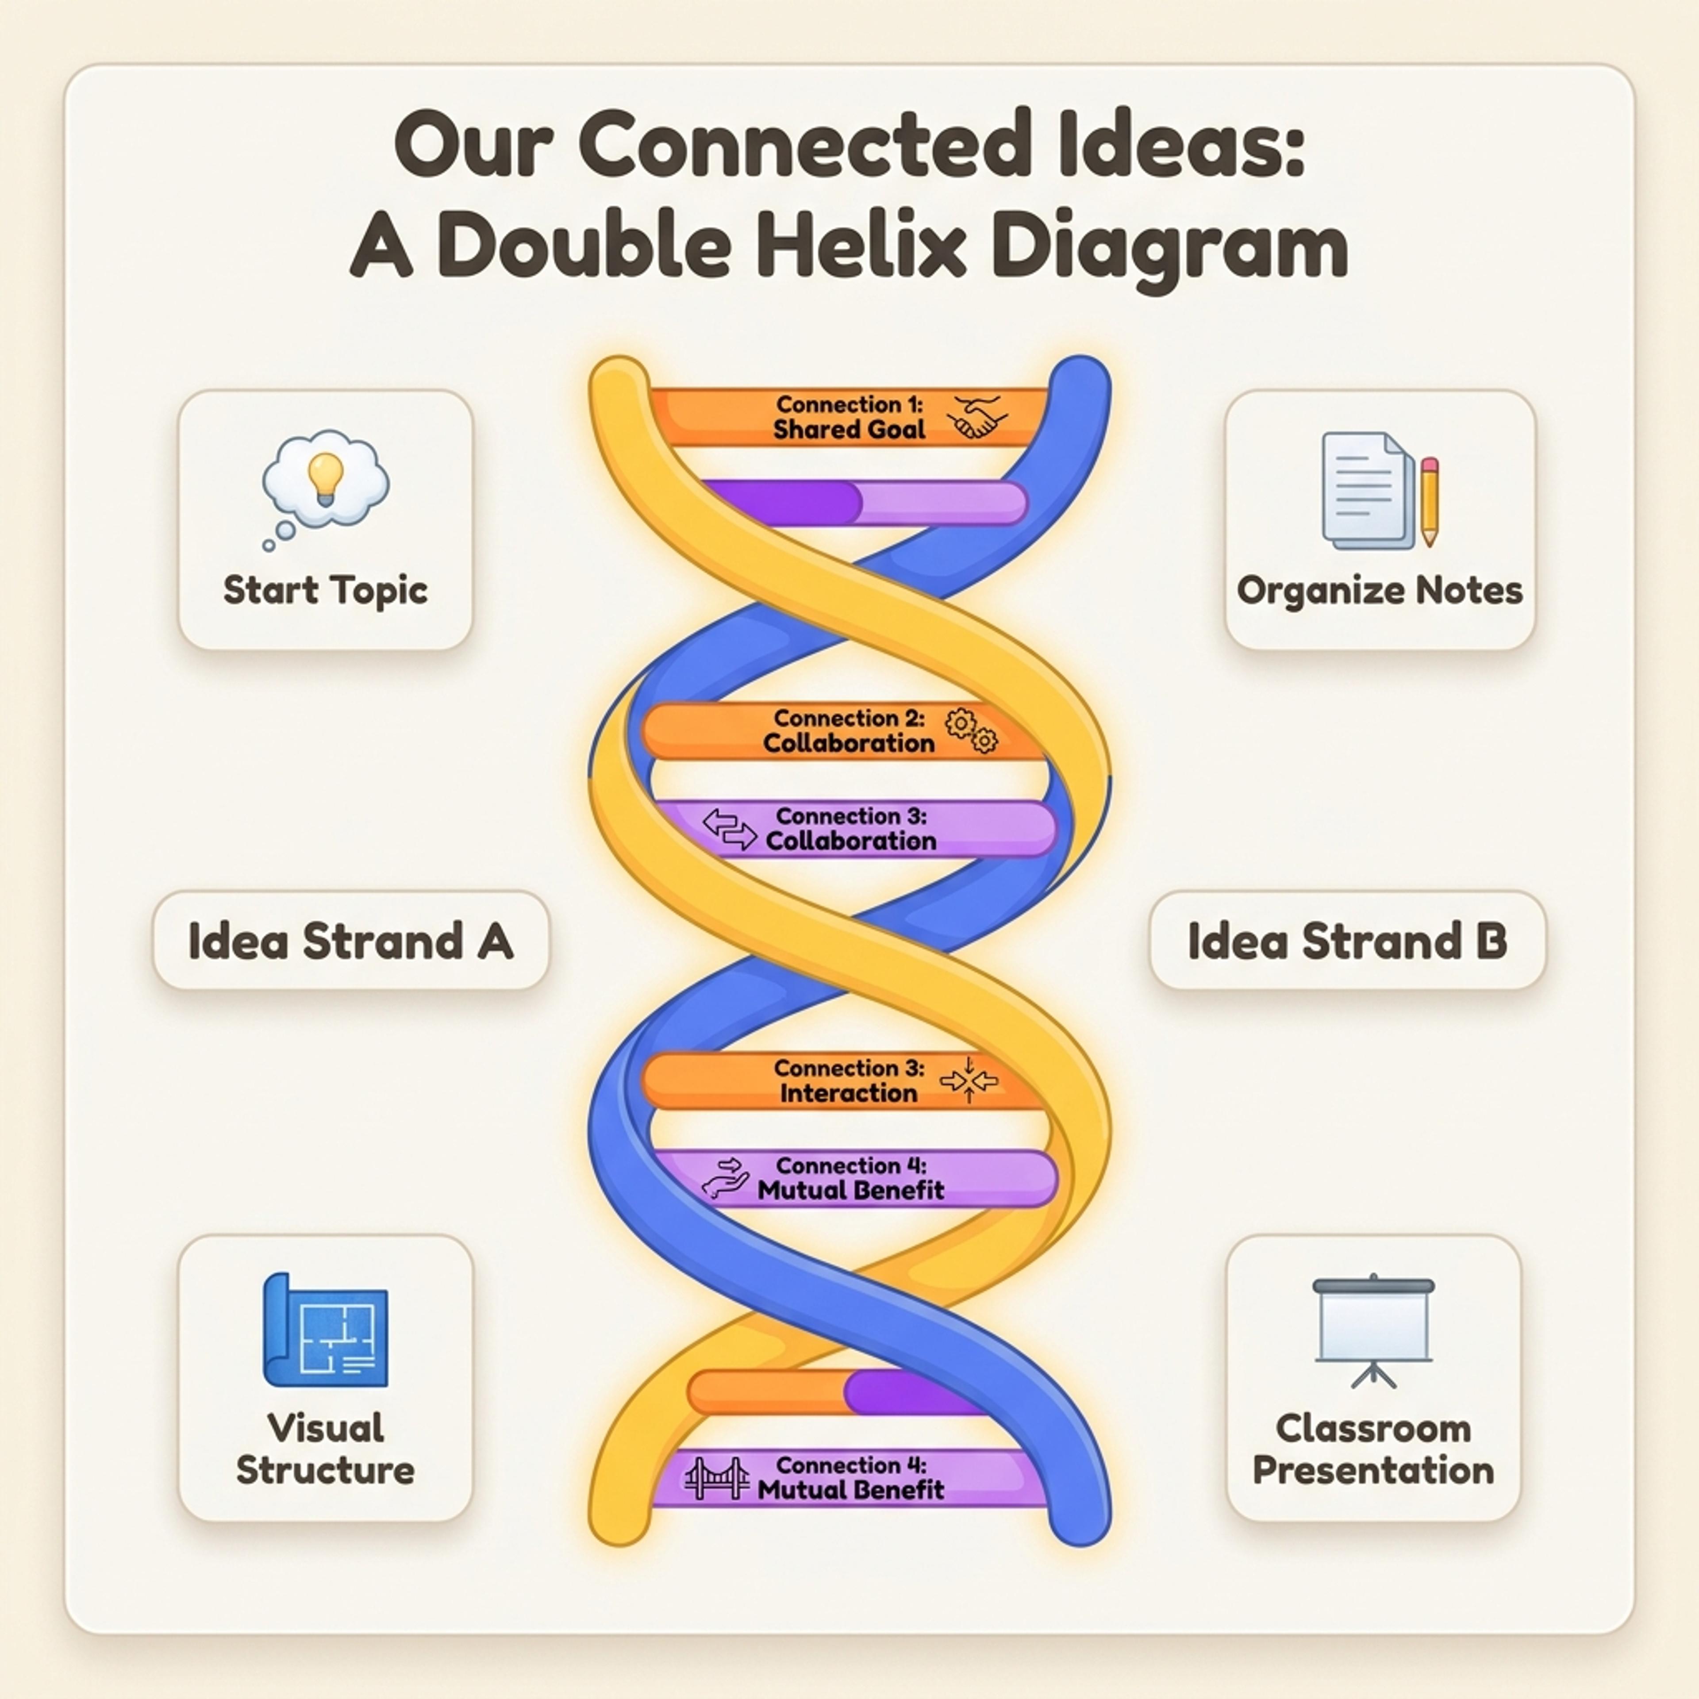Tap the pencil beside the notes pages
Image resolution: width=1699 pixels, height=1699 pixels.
coord(1429,501)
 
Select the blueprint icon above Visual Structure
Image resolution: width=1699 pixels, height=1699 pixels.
coord(325,1330)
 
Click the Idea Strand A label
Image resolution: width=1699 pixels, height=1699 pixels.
coord(351,941)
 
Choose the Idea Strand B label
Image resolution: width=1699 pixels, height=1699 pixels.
coord(1347,941)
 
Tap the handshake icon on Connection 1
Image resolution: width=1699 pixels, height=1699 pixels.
coord(978,417)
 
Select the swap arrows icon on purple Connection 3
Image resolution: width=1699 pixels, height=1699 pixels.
coord(729,828)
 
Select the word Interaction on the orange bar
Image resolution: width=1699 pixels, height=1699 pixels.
coord(849,1093)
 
